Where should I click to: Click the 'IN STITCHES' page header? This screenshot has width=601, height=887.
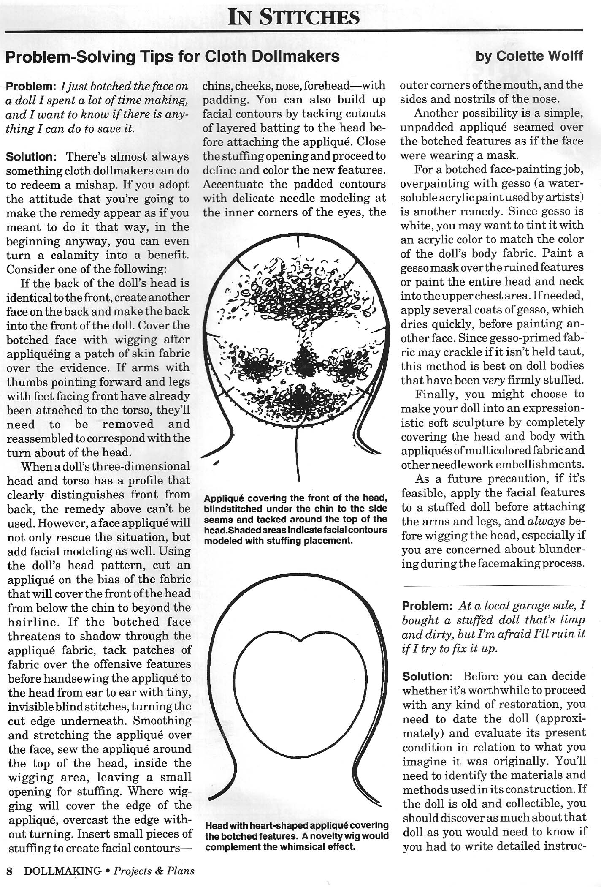[x=293, y=17]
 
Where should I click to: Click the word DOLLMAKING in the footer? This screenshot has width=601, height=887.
[x=63, y=871]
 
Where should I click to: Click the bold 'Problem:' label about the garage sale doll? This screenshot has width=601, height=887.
[x=428, y=606]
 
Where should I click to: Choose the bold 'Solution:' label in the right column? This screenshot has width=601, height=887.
[x=428, y=677]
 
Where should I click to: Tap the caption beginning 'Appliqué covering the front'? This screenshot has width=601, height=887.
[x=295, y=519]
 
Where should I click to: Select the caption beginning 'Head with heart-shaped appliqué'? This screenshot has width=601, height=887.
[x=297, y=836]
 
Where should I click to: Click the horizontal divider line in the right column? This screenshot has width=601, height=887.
[x=494, y=585]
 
